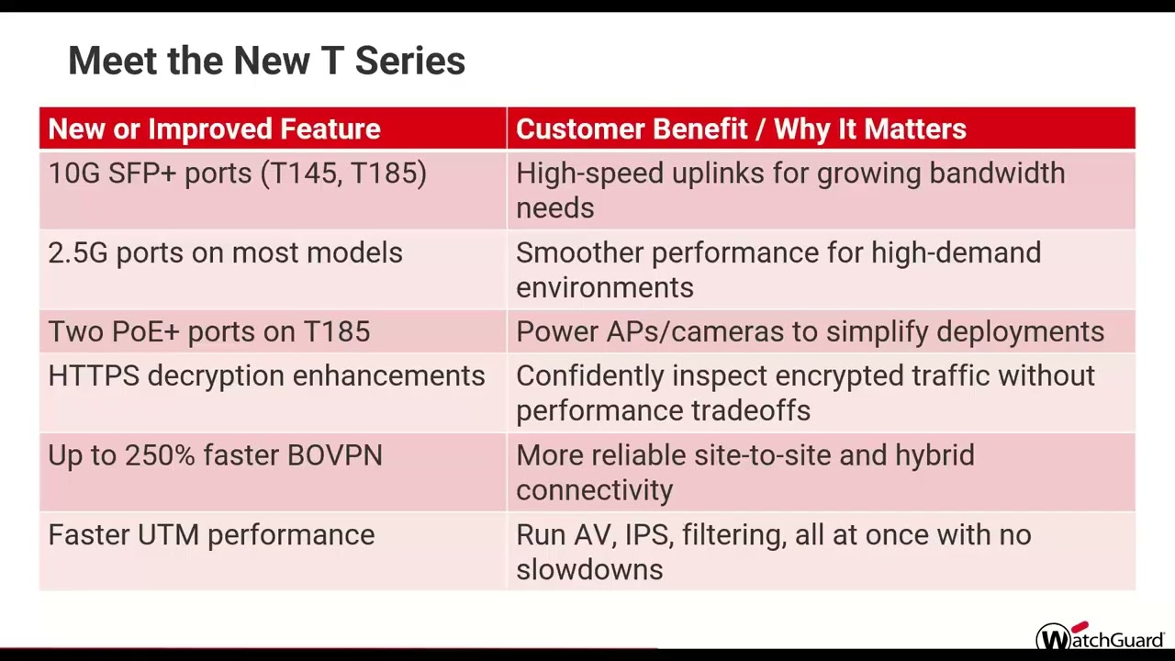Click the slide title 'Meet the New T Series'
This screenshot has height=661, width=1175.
coord(266,62)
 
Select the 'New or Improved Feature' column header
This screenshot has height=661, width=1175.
coord(214,129)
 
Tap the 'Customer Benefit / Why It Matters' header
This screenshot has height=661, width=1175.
coord(741,129)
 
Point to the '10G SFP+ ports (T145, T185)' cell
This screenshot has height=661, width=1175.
coord(237,174)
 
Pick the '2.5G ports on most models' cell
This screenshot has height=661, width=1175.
coord(225,253)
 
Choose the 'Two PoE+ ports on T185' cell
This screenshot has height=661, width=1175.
coord(208,332)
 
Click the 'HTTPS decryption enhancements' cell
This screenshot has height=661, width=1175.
coord(266,376)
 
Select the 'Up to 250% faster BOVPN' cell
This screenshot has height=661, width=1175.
coord(215,456)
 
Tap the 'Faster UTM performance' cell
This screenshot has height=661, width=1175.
coord(211,535)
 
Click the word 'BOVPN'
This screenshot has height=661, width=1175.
coord(334,456)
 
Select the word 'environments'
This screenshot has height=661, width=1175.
coord(604,288)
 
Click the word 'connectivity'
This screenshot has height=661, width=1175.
coord(594,490)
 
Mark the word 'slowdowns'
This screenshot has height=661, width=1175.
coord(588,570)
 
